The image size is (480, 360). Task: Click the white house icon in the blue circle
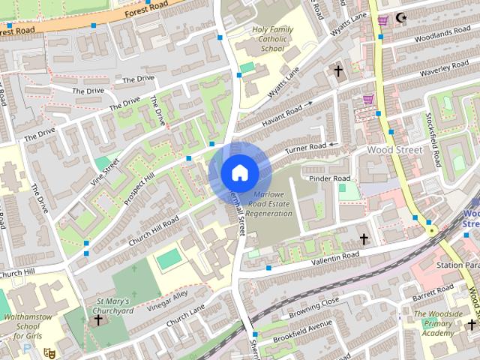239,172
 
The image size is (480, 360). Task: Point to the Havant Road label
281,116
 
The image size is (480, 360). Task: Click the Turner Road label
307,150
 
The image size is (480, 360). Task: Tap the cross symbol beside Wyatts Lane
338,72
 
